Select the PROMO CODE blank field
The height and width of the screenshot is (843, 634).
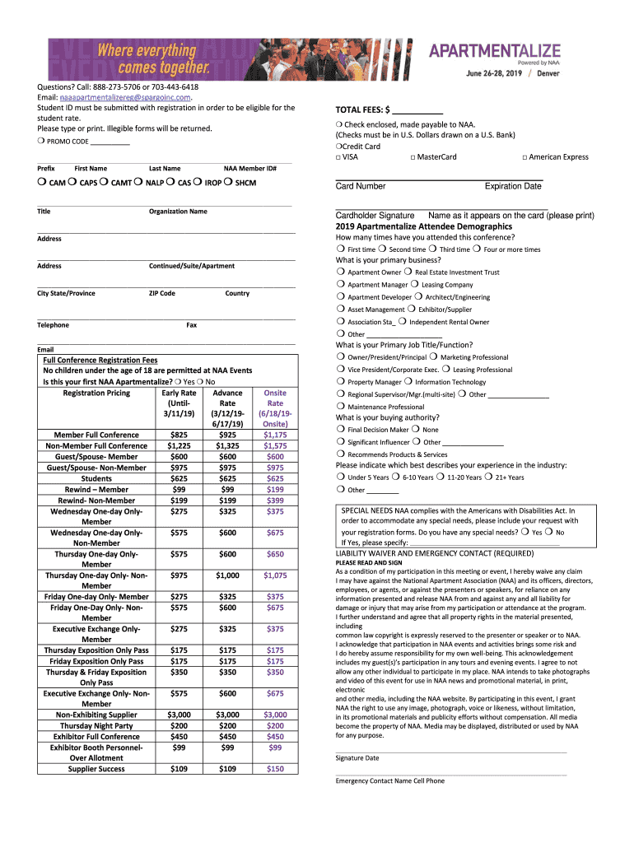110,142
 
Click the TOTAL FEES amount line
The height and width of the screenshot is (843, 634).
417,112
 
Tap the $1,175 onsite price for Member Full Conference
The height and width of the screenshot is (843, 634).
275,435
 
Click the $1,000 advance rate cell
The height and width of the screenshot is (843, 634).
228,575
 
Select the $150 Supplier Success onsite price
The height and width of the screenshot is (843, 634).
275,769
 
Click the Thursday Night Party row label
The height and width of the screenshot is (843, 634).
96,726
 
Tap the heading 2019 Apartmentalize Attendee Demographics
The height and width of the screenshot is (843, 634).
423,226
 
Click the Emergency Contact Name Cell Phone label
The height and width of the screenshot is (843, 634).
389,781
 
